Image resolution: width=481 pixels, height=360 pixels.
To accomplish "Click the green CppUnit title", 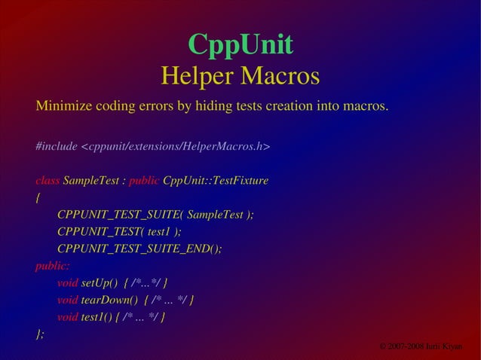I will point(240,44).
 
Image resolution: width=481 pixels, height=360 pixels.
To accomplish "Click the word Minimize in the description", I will point(63,105).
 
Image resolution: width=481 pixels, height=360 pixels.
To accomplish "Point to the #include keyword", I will point(56,146).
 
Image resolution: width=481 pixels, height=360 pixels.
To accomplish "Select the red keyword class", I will point(47,181).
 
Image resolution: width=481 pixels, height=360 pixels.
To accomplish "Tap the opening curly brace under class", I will point(38,198).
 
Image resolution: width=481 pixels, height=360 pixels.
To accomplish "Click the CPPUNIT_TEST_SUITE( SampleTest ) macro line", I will point(155,215).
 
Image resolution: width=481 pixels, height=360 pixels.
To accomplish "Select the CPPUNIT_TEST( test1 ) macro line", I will point(119,232).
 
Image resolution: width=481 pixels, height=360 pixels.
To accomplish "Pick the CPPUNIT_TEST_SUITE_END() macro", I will point(139,249).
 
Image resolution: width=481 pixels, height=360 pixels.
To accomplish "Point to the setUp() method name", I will point(100,283).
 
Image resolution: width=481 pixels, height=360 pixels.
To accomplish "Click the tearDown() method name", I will point(109,301).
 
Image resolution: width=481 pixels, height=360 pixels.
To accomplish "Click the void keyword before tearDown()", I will point(68,301).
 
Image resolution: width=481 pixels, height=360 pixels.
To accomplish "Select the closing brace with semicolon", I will point(40,334).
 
